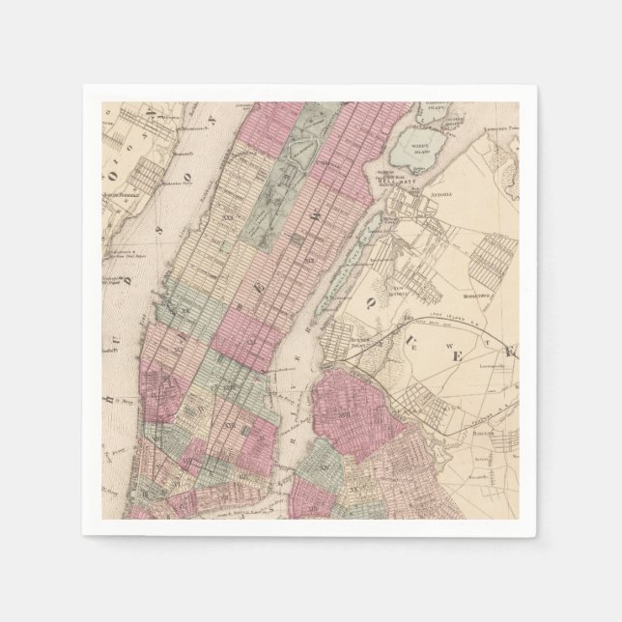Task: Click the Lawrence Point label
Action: [x=496, y=127]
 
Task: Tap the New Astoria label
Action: [x=396, y=289]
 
